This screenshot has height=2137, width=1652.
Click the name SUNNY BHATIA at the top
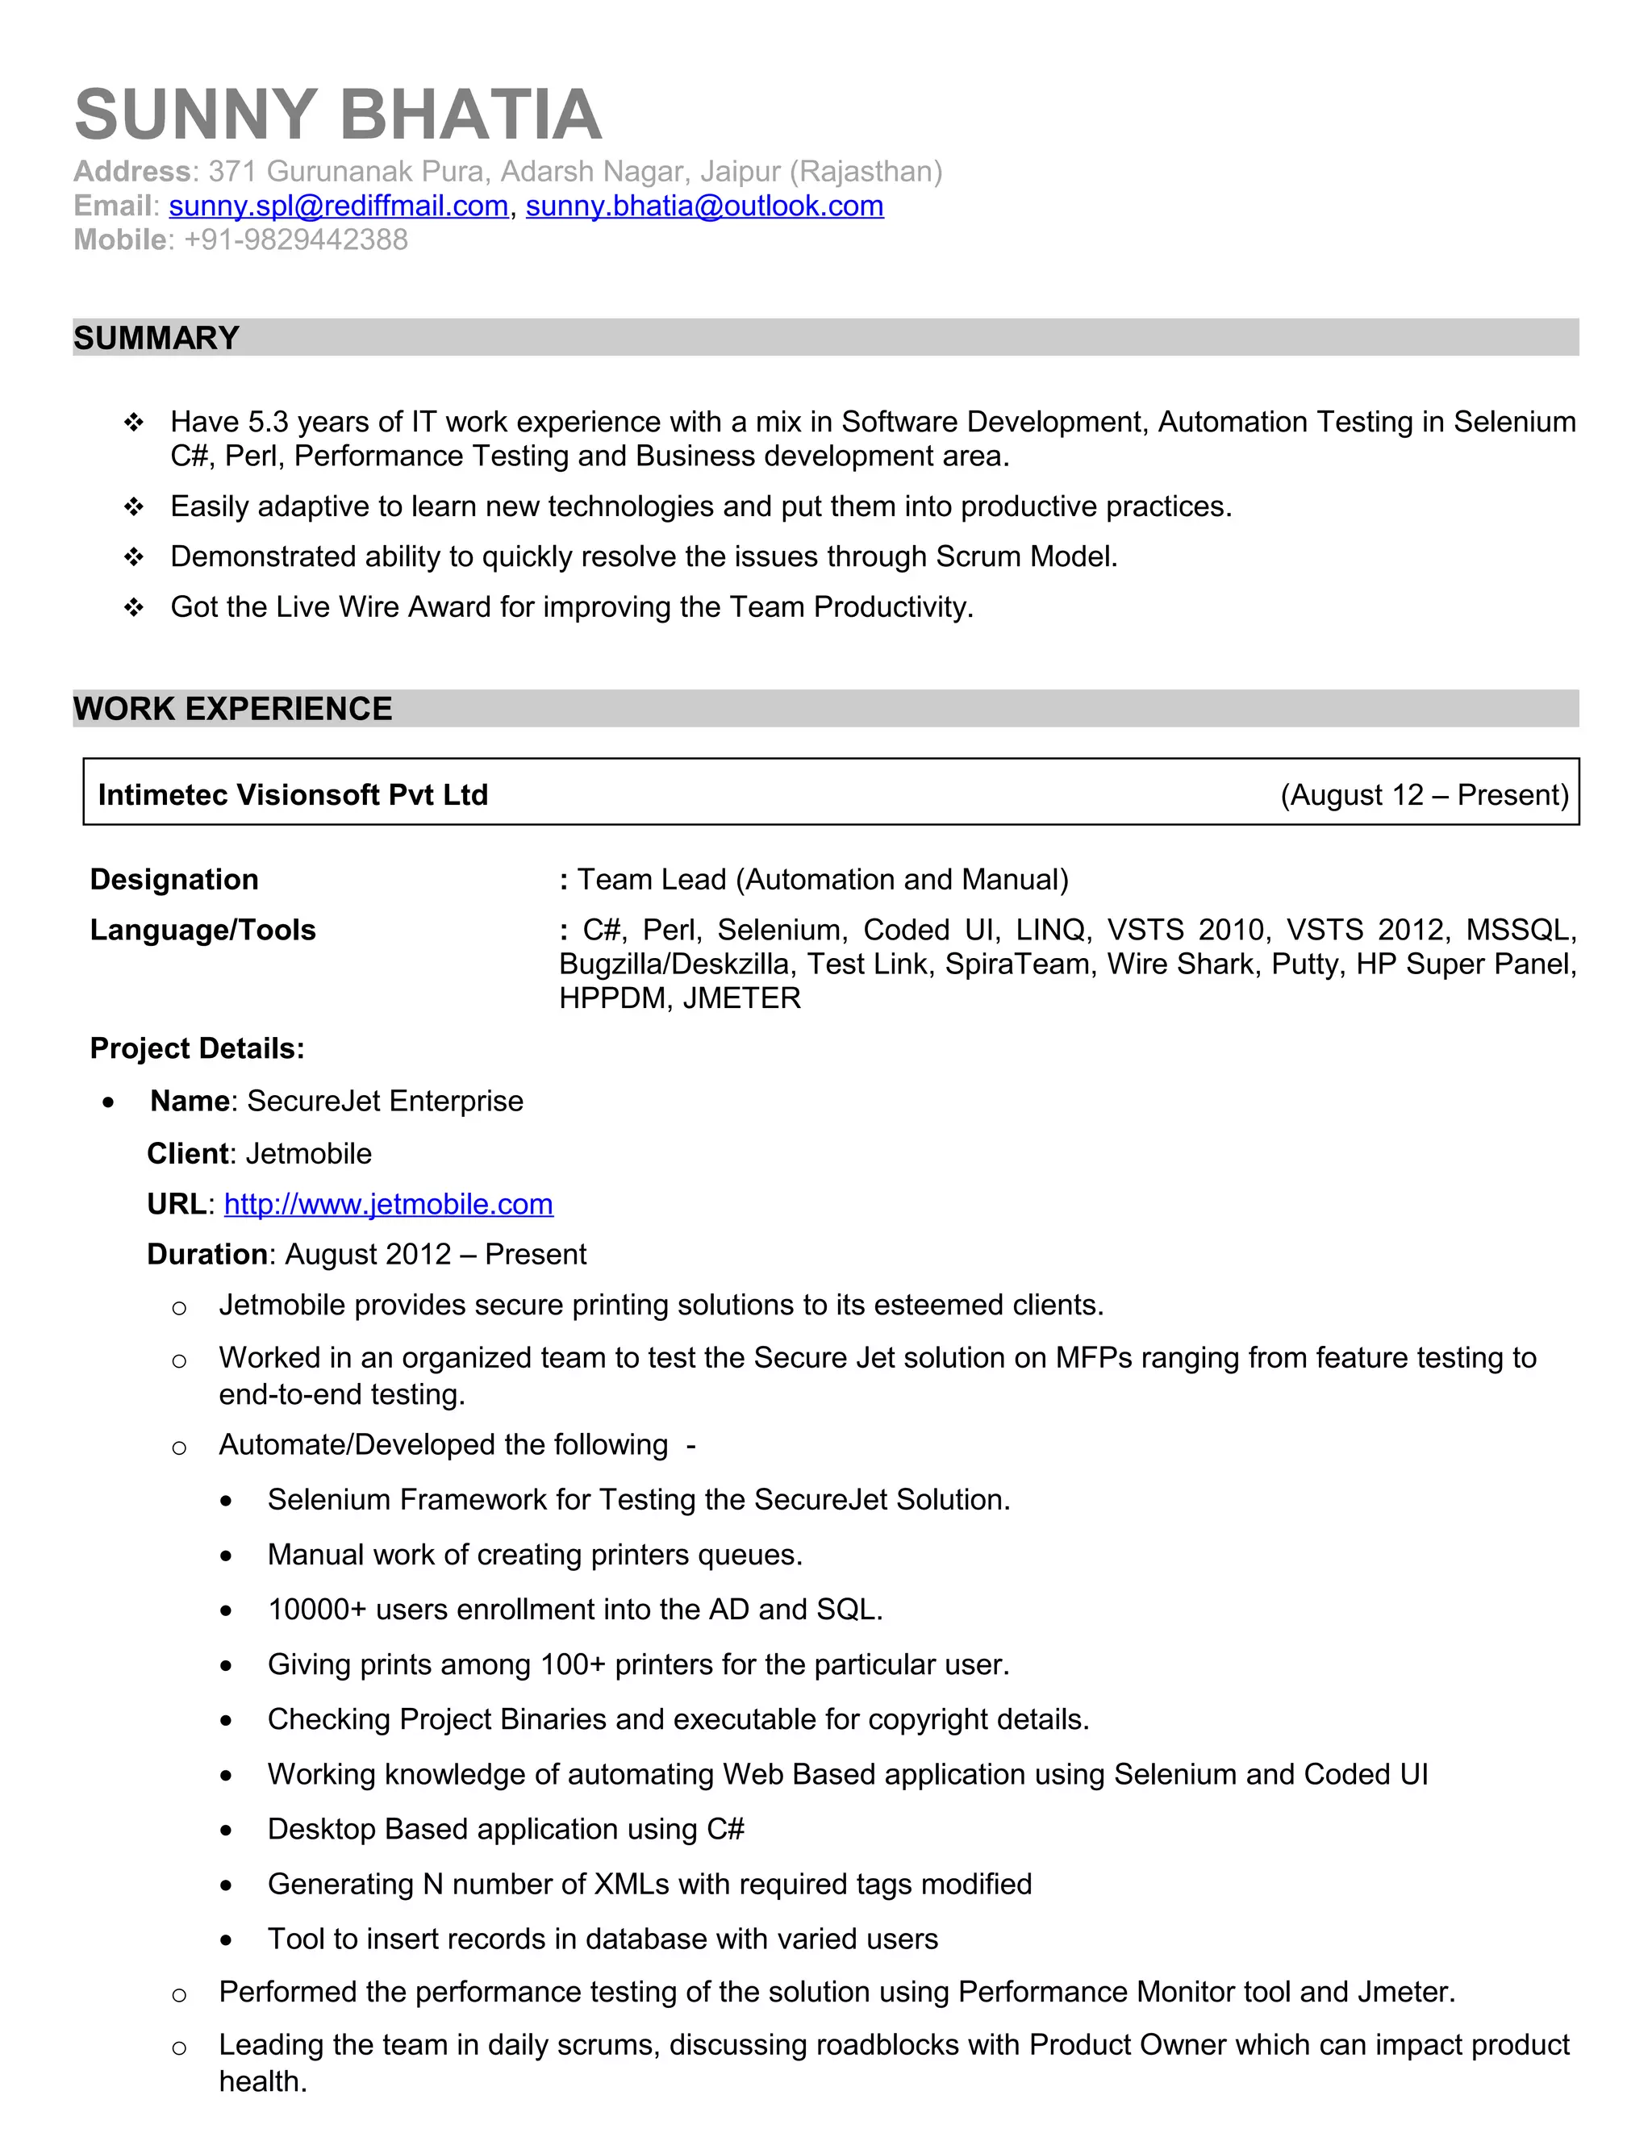338,115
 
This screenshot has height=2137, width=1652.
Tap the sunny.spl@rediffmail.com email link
339,206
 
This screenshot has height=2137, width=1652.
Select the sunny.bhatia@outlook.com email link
705,206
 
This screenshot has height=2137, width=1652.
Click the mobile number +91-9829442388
295,240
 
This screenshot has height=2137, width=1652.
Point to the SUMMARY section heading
156,339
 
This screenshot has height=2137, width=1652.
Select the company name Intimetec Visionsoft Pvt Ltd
293,794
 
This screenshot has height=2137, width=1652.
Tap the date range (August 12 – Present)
1424,794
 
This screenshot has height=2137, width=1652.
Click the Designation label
174,880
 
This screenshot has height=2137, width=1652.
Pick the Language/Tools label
202,930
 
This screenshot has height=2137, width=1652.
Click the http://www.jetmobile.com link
389,1205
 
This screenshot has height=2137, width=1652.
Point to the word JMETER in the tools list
742,998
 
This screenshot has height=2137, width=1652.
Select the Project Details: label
198,1049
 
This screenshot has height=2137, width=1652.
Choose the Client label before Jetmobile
188,1154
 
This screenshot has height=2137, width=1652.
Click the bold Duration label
206,1255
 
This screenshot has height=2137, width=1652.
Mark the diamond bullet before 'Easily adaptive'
134,507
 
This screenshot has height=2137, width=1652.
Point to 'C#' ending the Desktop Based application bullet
725,1829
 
